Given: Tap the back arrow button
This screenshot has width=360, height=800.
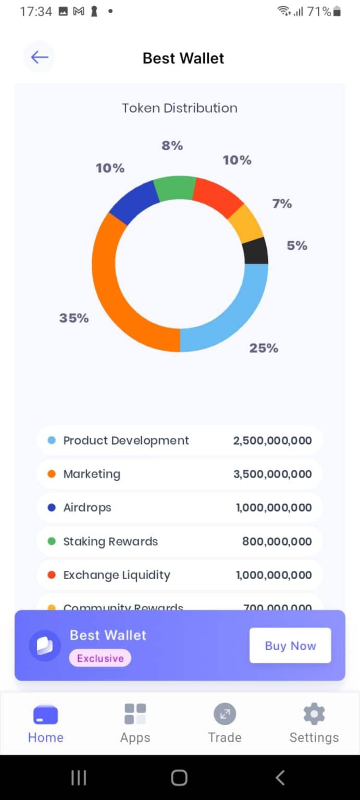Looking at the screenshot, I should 39,57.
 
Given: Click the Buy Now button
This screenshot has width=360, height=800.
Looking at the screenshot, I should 290,645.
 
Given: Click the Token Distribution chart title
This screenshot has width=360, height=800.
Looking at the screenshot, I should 180,108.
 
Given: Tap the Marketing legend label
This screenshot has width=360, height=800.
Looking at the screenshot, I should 92,474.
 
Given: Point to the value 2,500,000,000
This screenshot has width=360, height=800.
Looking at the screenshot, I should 272,441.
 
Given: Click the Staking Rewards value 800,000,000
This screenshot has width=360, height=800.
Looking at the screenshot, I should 277,542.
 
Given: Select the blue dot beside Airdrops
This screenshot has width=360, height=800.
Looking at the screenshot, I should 52,508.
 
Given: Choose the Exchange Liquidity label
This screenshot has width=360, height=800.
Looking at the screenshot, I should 117,575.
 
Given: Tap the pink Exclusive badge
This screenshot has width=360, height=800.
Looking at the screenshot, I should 100,658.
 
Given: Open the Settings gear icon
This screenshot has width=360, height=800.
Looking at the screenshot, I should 314,714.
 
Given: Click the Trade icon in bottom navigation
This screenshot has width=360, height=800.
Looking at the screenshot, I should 225,714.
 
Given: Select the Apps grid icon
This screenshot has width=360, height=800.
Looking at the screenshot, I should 135,714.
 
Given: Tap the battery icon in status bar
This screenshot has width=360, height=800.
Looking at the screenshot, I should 337,11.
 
